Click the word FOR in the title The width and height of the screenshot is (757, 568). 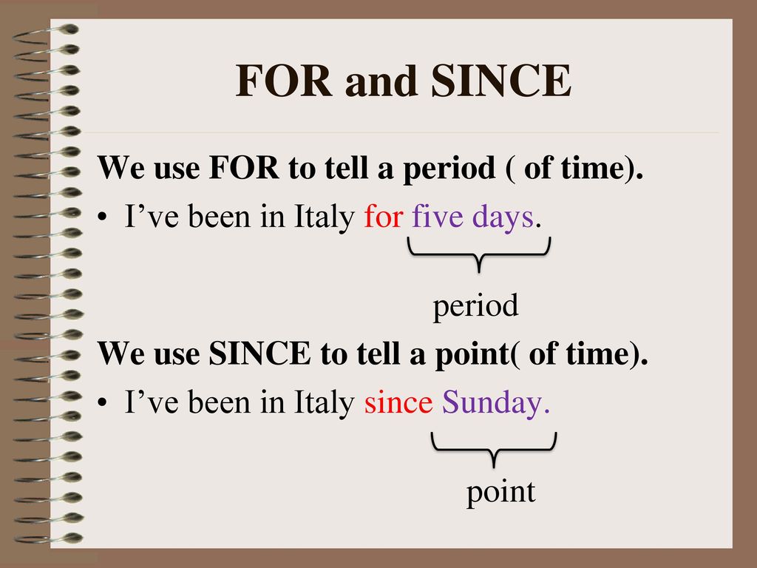click(x=284, y=81)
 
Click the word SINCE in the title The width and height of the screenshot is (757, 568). click(x=501, y=81)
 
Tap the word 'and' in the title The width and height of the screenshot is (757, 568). click(x=381, y=81)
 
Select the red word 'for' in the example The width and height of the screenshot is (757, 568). click(x=384, y=216)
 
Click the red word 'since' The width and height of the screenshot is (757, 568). click(x=398, y=402)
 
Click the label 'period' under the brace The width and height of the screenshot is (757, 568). click(x=475, y=306)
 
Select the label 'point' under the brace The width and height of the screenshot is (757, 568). click(x=500, y=492)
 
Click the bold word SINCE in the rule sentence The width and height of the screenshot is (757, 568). click(x=259, y=353)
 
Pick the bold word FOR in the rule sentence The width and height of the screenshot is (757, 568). click(x=244, y=168)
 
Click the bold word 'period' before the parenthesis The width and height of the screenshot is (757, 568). click(x=449, y=169)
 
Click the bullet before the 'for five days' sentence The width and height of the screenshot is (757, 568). click(x=102, y=217)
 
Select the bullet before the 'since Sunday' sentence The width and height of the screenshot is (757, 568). click(x=102, y=402)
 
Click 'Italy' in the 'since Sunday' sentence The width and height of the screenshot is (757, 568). click(x=325, y=403)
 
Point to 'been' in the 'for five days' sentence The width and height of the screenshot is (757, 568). click(x=220, y=216)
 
